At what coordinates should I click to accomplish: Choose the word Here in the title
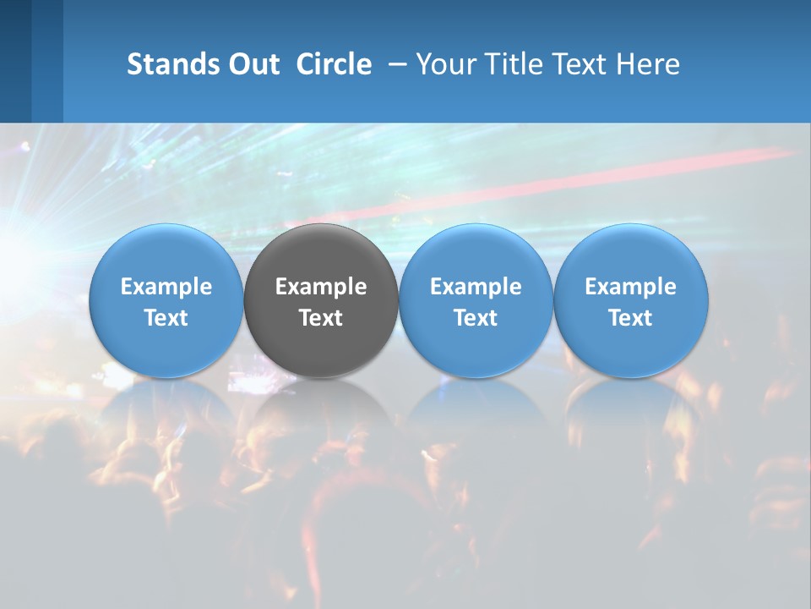coord(649,64)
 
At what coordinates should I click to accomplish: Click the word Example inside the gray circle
coord(321,287)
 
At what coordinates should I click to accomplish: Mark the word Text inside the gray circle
coord(321,318)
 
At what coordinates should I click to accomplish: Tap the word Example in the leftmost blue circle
coord(166,287)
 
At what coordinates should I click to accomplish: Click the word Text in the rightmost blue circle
coord(630,318)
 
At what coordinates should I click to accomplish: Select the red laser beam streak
coord(591,182)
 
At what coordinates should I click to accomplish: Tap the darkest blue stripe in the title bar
coord(15,61)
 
